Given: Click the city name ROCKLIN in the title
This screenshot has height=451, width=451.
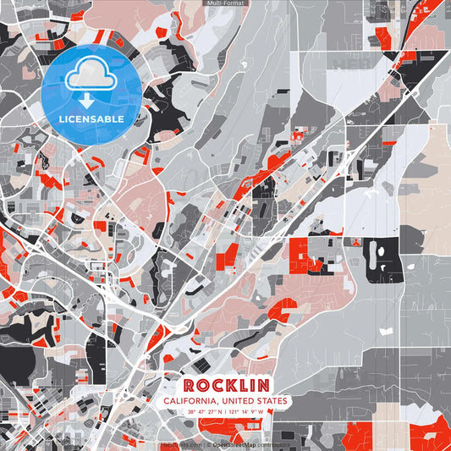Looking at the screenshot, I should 225,384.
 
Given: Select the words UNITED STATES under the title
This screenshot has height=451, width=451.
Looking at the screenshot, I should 256,401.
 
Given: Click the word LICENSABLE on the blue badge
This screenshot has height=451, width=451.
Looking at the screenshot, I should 91,119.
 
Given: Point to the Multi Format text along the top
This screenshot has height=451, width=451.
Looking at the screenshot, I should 225,3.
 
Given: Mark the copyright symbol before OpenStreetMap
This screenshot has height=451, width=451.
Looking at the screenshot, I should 208,443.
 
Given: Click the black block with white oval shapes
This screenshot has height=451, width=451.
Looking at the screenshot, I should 383,260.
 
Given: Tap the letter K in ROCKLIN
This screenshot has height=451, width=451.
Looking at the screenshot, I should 229,384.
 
